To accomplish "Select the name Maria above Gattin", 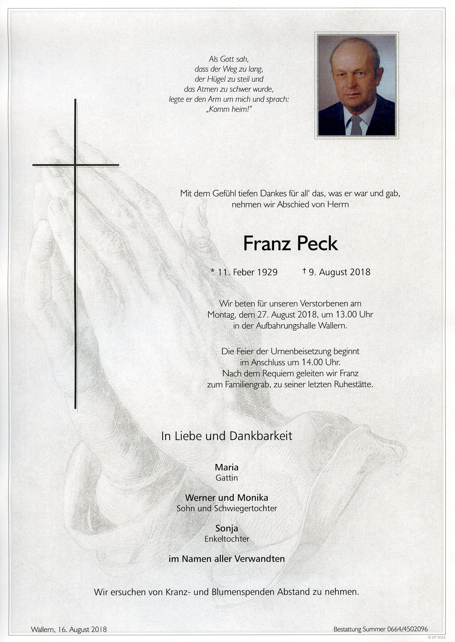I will click(227, 467).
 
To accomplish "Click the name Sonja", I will click(227, 528).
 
